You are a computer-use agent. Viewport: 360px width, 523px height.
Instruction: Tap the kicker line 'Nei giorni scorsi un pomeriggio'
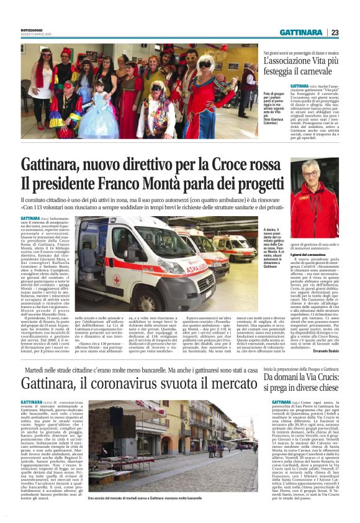tap(301, 54)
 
